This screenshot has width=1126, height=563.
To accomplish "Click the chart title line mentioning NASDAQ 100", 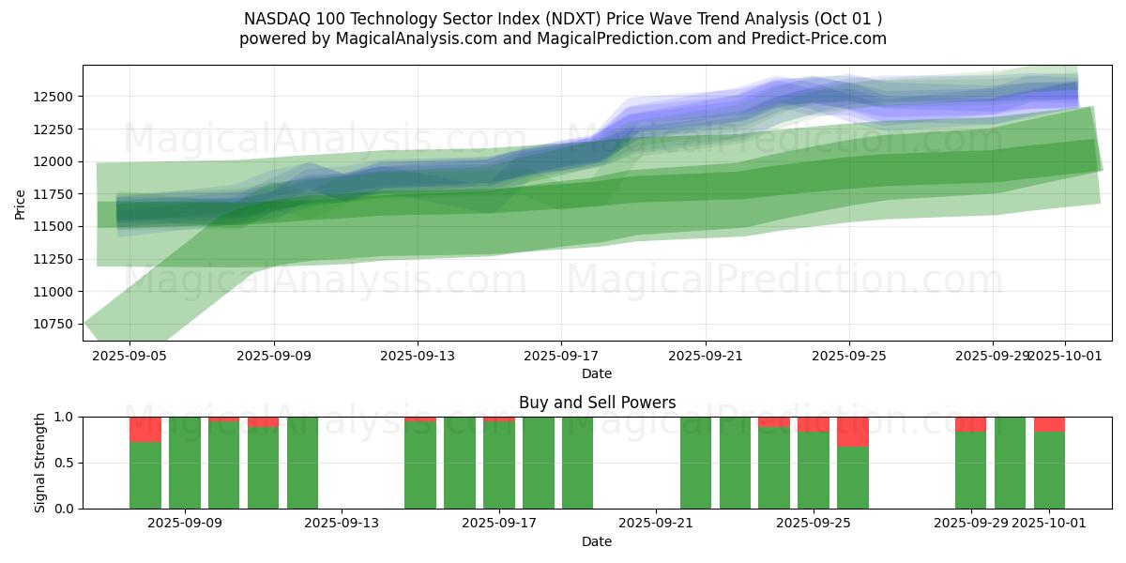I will (x=563, y=18).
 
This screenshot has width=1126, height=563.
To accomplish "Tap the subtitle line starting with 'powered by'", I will (x=563, y=38).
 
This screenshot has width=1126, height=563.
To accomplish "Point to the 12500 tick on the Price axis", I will (x=57, y=97).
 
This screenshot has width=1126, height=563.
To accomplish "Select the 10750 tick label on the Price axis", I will (x=57, y=325).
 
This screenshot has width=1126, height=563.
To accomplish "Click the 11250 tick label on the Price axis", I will (x=57, y=259).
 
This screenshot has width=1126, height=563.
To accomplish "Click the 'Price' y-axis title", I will (x=20, y=203).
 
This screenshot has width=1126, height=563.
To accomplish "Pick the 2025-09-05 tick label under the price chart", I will (x=129, y=357).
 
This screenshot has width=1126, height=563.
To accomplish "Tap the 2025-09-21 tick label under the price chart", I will (x=706, y=357).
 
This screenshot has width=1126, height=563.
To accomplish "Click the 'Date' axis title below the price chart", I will (x=597, y=373).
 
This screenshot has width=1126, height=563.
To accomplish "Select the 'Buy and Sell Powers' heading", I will (x=597, y=403).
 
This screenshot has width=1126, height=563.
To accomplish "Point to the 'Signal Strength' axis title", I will (x=40, y=462).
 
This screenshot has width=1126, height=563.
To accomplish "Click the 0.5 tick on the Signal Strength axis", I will (x=66, y=463).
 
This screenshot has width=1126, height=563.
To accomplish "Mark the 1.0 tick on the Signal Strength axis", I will (x=66, y=417).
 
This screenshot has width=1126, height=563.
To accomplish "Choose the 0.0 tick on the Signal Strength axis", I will (x=66, y=509).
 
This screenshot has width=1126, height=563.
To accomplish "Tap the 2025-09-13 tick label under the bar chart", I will (x=342, y=524).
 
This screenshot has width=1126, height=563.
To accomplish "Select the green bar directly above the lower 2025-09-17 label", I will (x=499, y=465).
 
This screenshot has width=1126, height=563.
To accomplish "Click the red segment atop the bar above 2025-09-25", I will (x=814, y=424).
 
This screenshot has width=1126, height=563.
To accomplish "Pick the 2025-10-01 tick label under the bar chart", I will (x=1049, y=524).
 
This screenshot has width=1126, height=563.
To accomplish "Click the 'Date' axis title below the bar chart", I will (x=597, y=541).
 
